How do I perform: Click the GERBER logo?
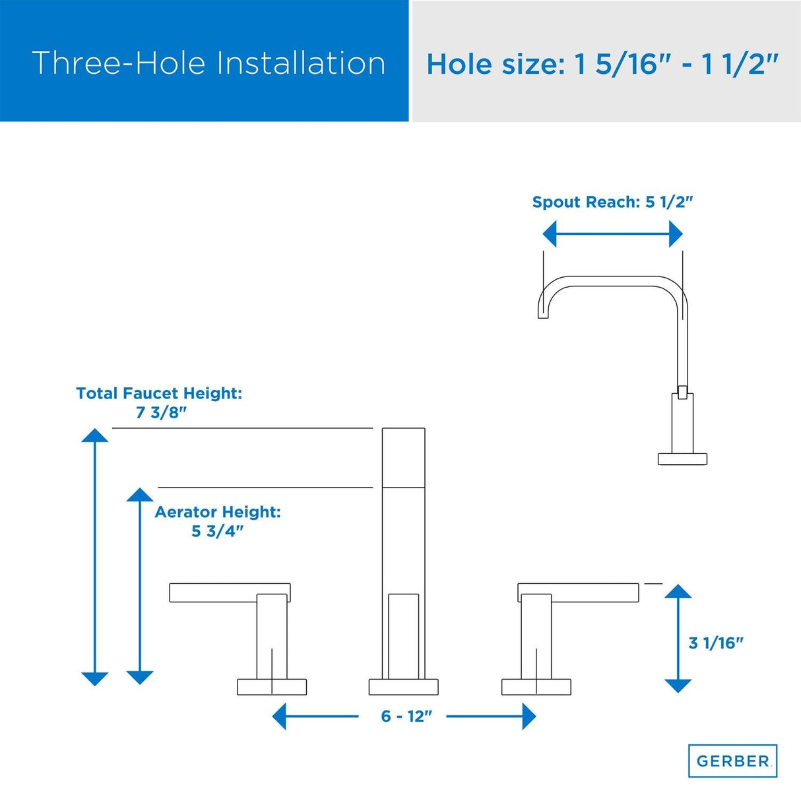pos(732,761)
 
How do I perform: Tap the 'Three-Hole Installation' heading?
pos(208,63)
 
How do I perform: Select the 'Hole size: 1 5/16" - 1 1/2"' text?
pos(602,65)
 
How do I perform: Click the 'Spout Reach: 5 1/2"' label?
pos(612,202)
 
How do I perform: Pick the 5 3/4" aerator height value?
pos(217,531)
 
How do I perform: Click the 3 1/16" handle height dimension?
pos(716,643)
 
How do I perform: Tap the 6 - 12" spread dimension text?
pos(406,716)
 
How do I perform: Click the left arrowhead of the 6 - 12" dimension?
pos(280,716)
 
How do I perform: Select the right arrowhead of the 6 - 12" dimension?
pos(529,716)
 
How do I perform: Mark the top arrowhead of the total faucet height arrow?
pos(95,435)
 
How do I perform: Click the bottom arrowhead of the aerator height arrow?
pos(140,677)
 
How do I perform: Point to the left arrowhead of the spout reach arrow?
pos(550,234)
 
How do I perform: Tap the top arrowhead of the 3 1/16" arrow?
pos(678,591)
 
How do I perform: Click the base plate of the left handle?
pos(272,686)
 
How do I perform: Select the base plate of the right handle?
pos(536,686)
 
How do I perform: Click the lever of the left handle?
pos(230,593)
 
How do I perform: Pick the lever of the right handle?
pos(579,593)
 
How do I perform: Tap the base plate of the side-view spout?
pos(682,459)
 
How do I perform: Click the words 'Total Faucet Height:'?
pos(159,393)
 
